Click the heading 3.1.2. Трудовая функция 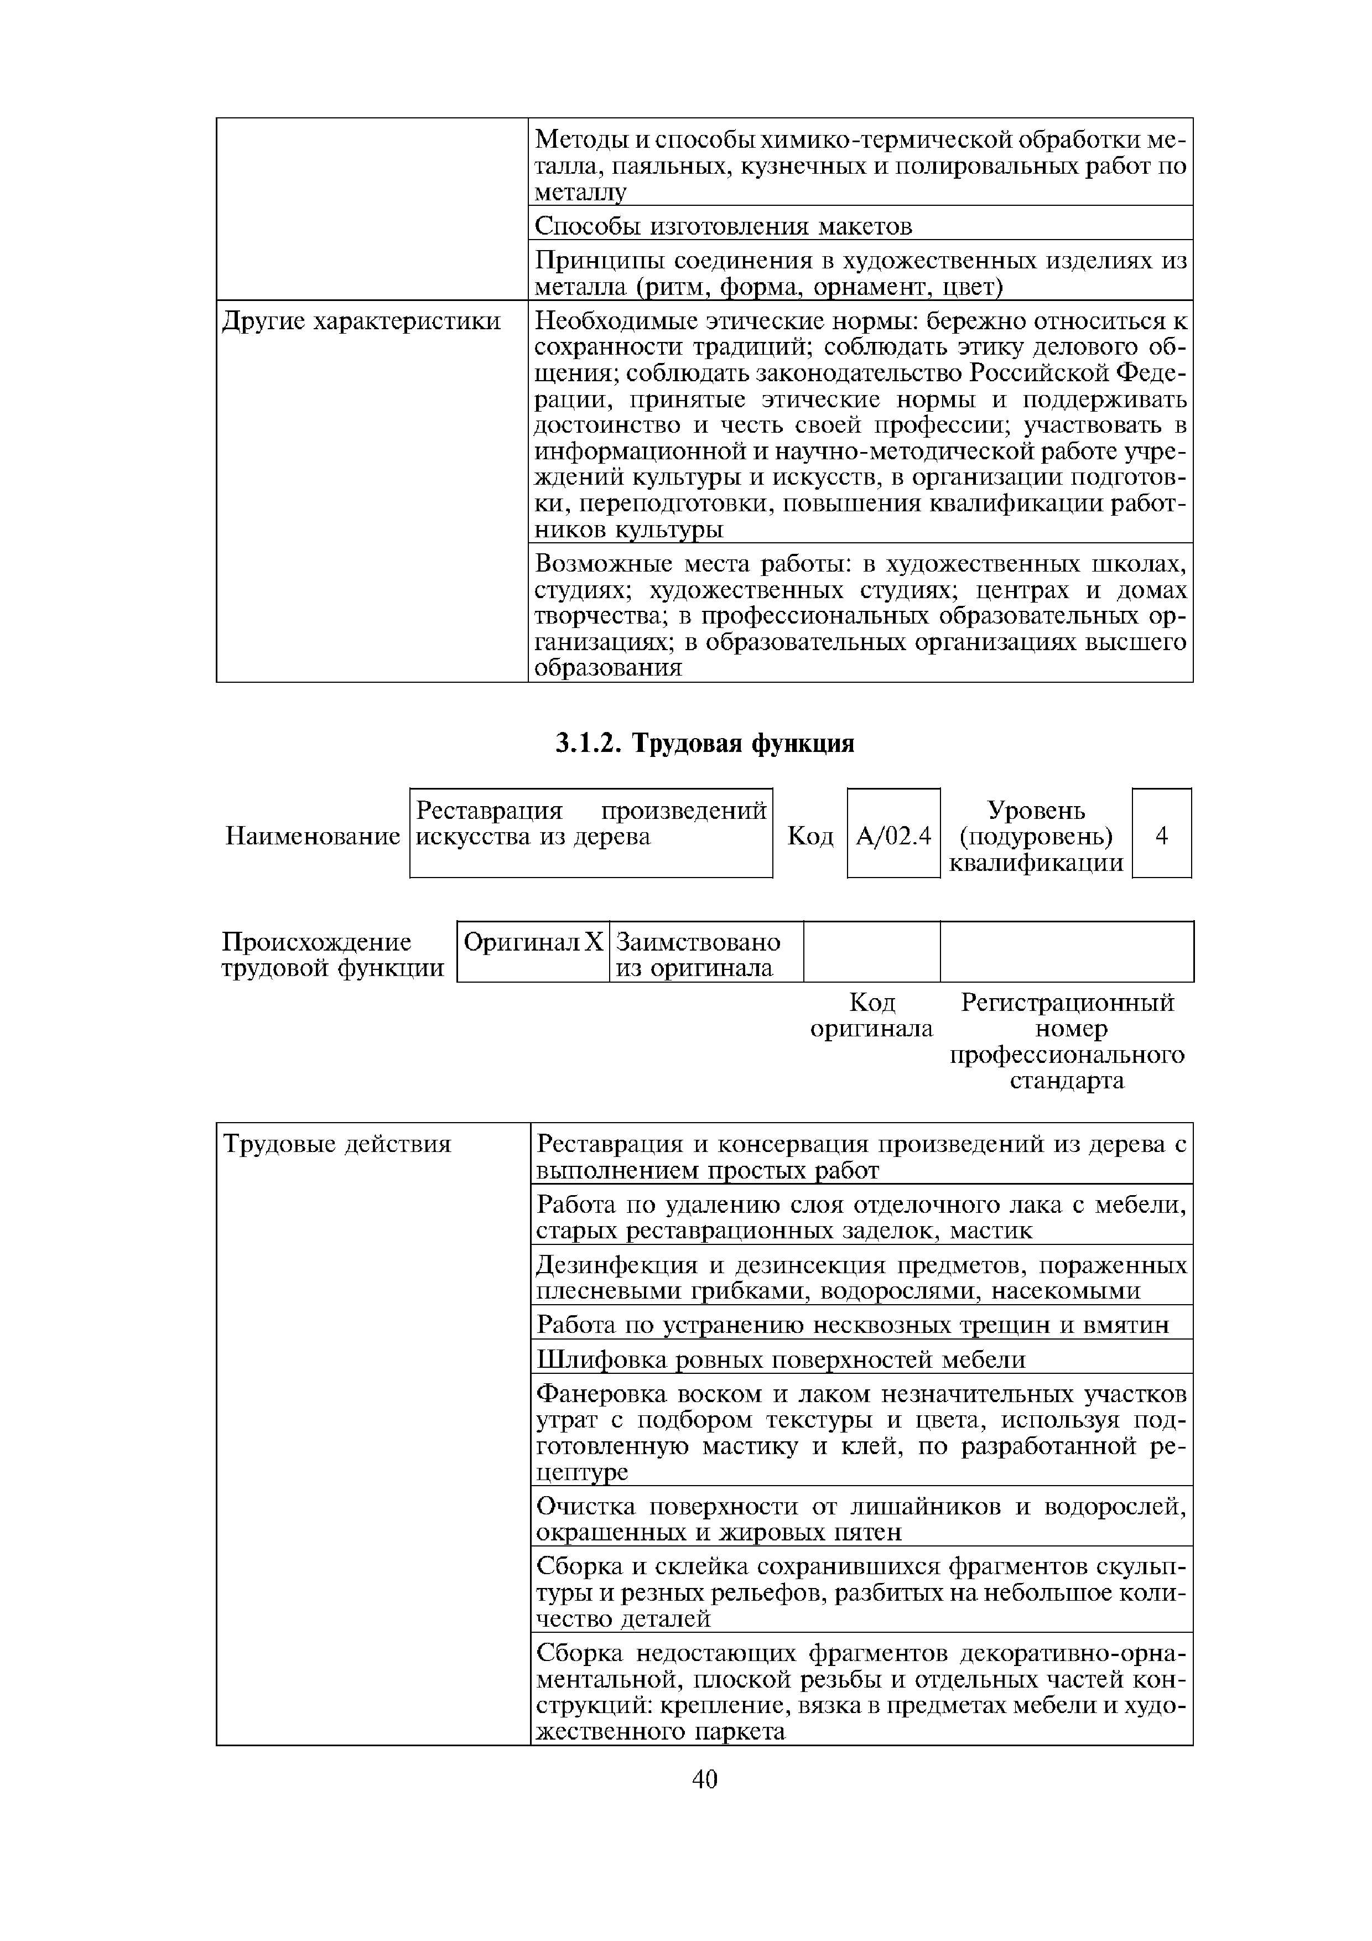click(x=705, y=744)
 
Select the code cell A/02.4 click(x=893, y=836)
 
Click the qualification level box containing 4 click(x=1162, y=835)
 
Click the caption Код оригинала click(x=871, y=1015)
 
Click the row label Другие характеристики click(x=361, y=322)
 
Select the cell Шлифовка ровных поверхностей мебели click(x=781, y=1359)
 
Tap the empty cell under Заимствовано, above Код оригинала click(x=871, y=952)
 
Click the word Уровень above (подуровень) click(x=1036, y=811)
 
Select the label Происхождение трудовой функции click(x=332, y=954)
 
